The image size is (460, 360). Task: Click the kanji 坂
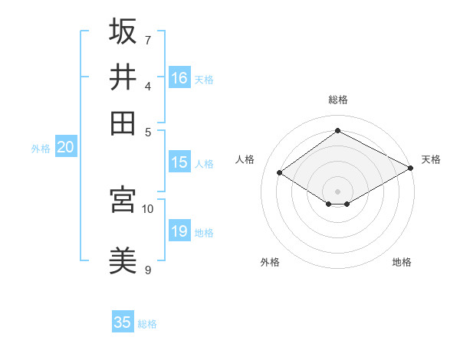tap(123, 31)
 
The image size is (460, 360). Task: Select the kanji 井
tap(123, 77)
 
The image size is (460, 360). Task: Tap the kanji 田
tap(123, 123)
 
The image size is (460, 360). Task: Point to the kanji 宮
tap(123, 199)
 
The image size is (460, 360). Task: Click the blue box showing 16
tap(179, 77)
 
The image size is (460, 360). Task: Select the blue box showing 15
tap(179, 162)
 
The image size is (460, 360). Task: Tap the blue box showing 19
tap(179, 231)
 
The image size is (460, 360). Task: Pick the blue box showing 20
tap(65, 148)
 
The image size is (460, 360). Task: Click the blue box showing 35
tap(123, 322)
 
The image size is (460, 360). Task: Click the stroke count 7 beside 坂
tap(148, 39)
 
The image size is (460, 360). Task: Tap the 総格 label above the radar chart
tap(338, 100)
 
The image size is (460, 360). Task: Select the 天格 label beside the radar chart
tap(431, 159)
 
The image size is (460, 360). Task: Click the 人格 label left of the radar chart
tap(245, 159)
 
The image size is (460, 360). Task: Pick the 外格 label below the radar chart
tap(270, 262)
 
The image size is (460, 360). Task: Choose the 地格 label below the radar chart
tap(402, 262)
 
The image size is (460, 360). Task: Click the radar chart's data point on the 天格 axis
tap(412, 169)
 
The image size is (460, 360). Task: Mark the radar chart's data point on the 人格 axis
tap(280, 173)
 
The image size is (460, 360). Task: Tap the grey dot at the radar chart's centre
tap(338, 191)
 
